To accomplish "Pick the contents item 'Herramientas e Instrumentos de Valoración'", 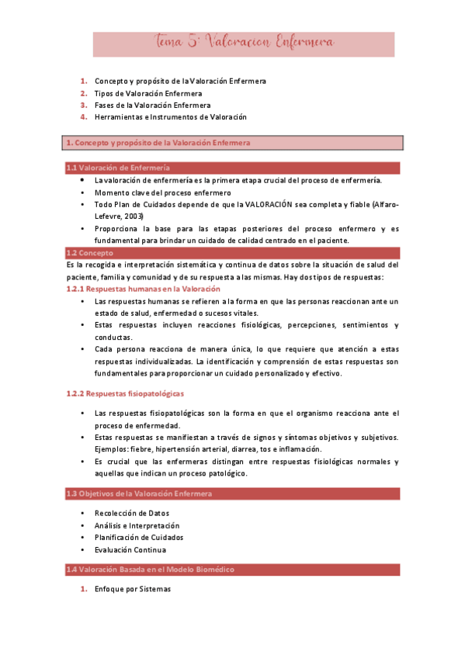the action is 170,117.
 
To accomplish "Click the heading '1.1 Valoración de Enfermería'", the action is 118,168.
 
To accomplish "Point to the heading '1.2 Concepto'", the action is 90,253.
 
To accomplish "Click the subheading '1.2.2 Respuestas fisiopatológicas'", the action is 125,394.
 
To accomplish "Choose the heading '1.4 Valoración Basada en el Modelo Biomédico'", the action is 150,570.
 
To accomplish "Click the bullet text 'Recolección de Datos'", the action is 131,513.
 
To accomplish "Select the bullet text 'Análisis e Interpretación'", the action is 137,525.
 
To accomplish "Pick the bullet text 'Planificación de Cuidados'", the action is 138,538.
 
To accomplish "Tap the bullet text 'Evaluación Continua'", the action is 130,550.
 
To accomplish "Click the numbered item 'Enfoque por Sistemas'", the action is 132,589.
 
